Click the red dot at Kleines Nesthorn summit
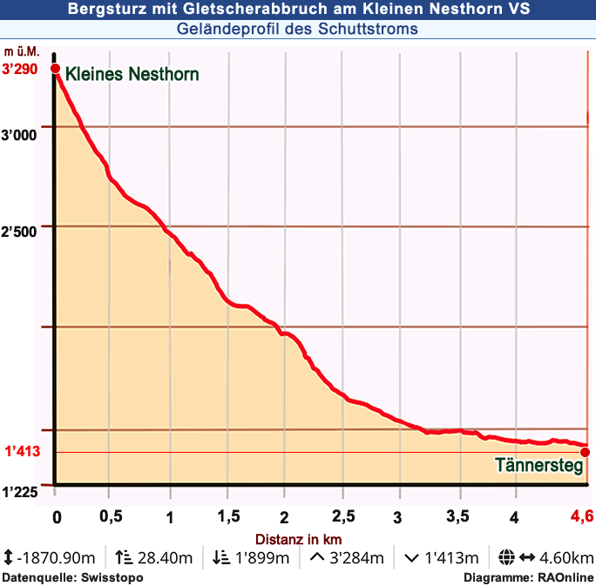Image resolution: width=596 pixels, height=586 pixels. [54, 69]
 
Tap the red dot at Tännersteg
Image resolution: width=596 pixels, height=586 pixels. [585, 452]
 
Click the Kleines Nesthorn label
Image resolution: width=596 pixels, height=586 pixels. [132, 74]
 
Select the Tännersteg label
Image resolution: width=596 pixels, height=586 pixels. [538, 466]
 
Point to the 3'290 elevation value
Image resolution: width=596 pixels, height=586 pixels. [20, 70]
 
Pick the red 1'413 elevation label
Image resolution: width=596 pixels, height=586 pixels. [23, 452]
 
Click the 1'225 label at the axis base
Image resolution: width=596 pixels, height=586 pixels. [20, 492]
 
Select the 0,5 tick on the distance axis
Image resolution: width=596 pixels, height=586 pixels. [111, 516]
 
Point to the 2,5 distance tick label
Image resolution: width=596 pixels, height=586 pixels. [342, 517]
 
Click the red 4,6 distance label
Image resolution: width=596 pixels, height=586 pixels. [582, 516]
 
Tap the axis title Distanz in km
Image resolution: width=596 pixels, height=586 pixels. [298, 539]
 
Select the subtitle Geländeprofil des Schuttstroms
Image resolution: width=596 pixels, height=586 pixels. [297, 30]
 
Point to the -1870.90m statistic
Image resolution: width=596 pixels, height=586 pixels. [57, 558]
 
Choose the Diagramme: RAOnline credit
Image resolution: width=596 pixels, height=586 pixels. [528, 577]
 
